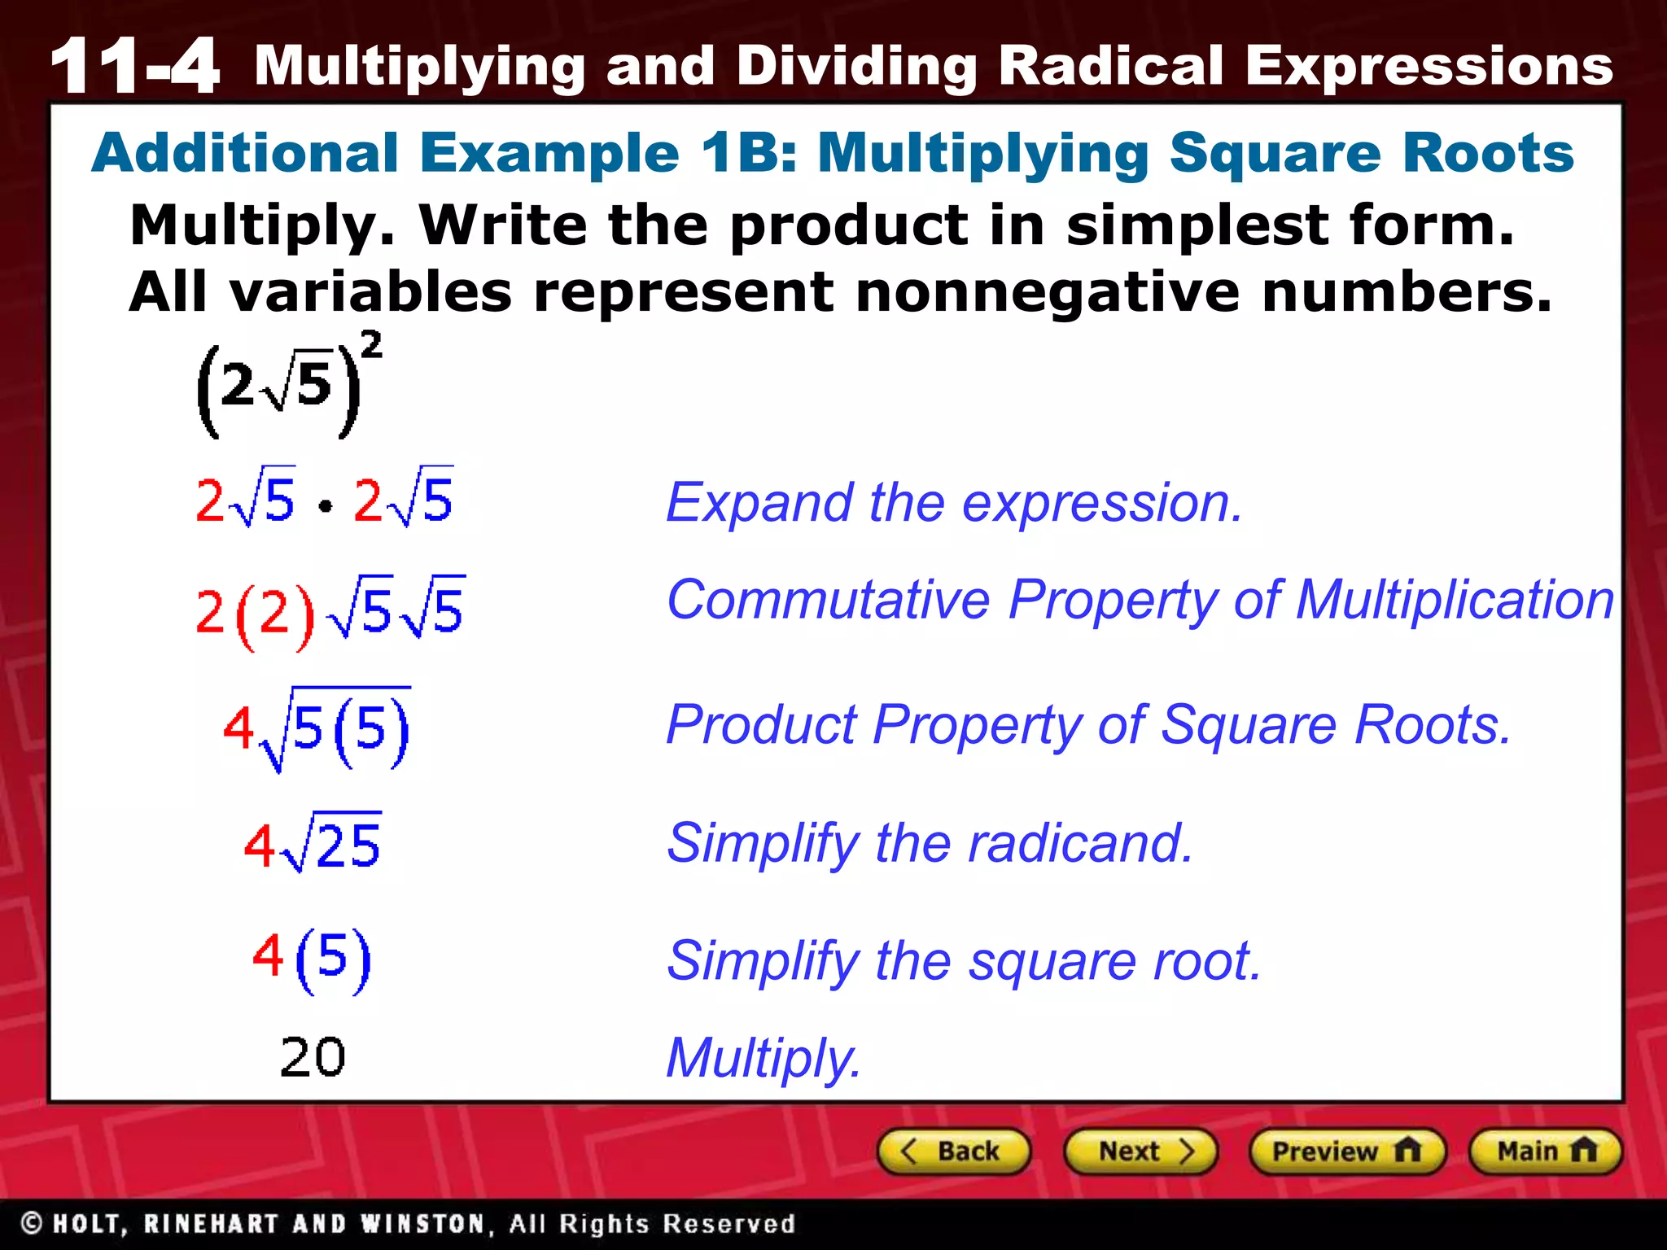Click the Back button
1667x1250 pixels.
[x=954, y=1152]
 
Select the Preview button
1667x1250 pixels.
[x=1346, y=1152]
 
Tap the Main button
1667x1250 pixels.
[x=1545, y=1152]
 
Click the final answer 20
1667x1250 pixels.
[x=313, y=1058]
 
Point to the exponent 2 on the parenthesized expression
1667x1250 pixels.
[x=371, y=345]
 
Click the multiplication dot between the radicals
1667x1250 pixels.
[x=326, y=507]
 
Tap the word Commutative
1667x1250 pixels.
[x=828, y=601]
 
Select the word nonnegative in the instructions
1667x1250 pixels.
[x=1048, y=293]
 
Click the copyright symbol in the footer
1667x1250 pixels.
[x=32, y=1223]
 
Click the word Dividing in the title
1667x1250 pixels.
[x=857, y=67]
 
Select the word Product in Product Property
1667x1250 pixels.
[x=761, y=724]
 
